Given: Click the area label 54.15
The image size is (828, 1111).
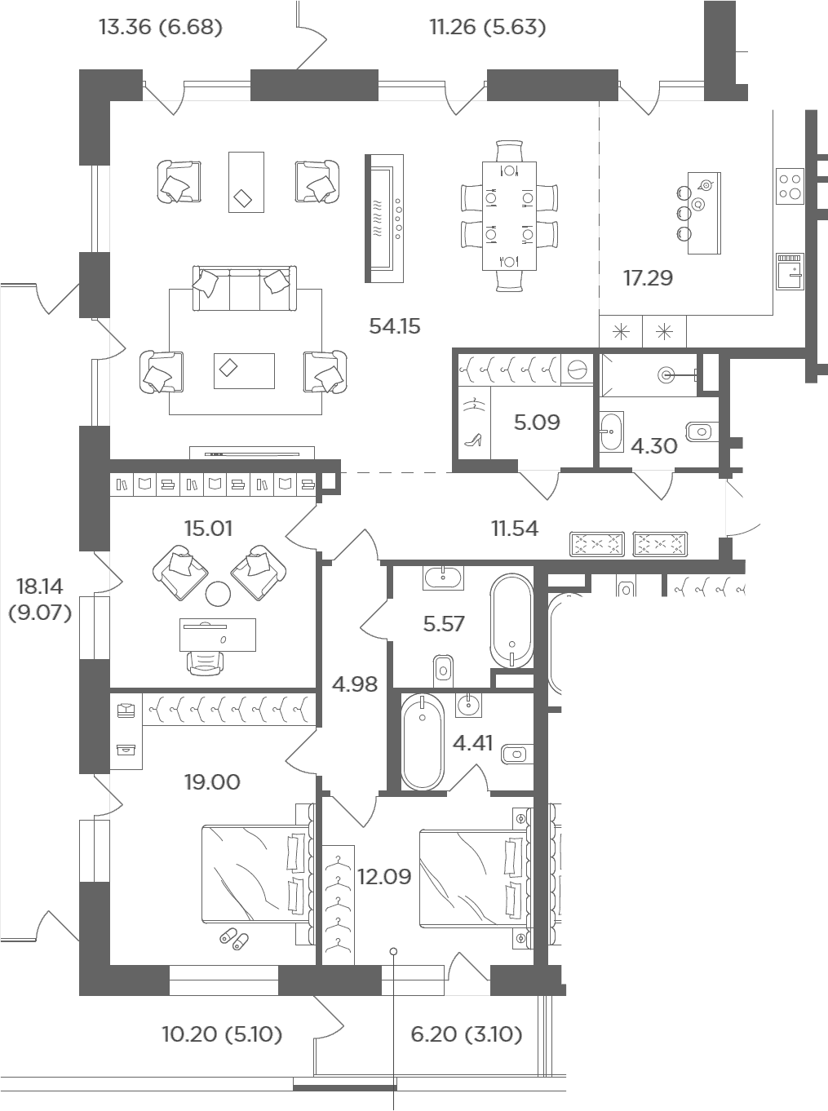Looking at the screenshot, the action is (395, 326).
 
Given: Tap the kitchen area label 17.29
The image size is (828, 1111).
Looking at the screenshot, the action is (648, 278).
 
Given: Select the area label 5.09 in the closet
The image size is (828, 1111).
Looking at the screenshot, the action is (537, 422).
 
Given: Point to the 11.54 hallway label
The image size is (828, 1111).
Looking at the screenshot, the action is (515, 529).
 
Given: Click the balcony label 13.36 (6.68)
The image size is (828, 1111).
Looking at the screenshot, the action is (161, 27).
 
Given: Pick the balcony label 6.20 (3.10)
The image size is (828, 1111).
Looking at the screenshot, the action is (466, 1034).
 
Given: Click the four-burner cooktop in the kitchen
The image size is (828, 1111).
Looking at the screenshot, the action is (790, 186).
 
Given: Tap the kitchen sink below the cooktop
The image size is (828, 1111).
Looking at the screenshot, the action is (790, 272).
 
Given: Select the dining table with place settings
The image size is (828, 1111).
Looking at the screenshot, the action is (509, 216).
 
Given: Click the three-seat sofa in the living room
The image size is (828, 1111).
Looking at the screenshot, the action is (245, 289).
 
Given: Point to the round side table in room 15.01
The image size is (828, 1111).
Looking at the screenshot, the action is (218, 593).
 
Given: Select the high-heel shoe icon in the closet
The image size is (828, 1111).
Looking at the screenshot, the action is (473, 440).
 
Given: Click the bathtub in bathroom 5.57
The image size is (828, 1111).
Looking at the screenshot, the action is (511, 621).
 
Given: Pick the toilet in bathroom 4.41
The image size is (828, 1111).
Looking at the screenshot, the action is (516, 755).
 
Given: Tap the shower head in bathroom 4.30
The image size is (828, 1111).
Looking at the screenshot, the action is (666, 375).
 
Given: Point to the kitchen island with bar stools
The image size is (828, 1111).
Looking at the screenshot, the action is (698, 213).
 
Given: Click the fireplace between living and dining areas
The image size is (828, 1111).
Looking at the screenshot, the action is (384, 218).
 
